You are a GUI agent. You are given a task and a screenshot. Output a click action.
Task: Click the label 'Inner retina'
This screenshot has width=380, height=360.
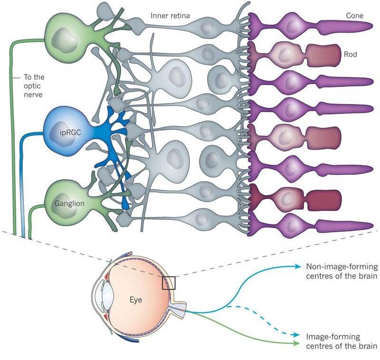pos(171,16)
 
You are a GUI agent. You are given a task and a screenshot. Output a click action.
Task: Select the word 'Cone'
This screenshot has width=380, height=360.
pos(354,16)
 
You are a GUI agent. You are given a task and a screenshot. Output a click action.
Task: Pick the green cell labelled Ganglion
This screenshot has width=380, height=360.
pos(66,202)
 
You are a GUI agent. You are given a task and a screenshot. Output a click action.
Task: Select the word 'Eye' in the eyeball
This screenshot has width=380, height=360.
pos(137,300)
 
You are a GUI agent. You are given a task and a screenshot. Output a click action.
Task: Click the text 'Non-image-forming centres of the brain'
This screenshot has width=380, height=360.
pos(342,271)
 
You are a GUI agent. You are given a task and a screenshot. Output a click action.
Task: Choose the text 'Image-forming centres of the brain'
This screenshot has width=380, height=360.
pos(342,341)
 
